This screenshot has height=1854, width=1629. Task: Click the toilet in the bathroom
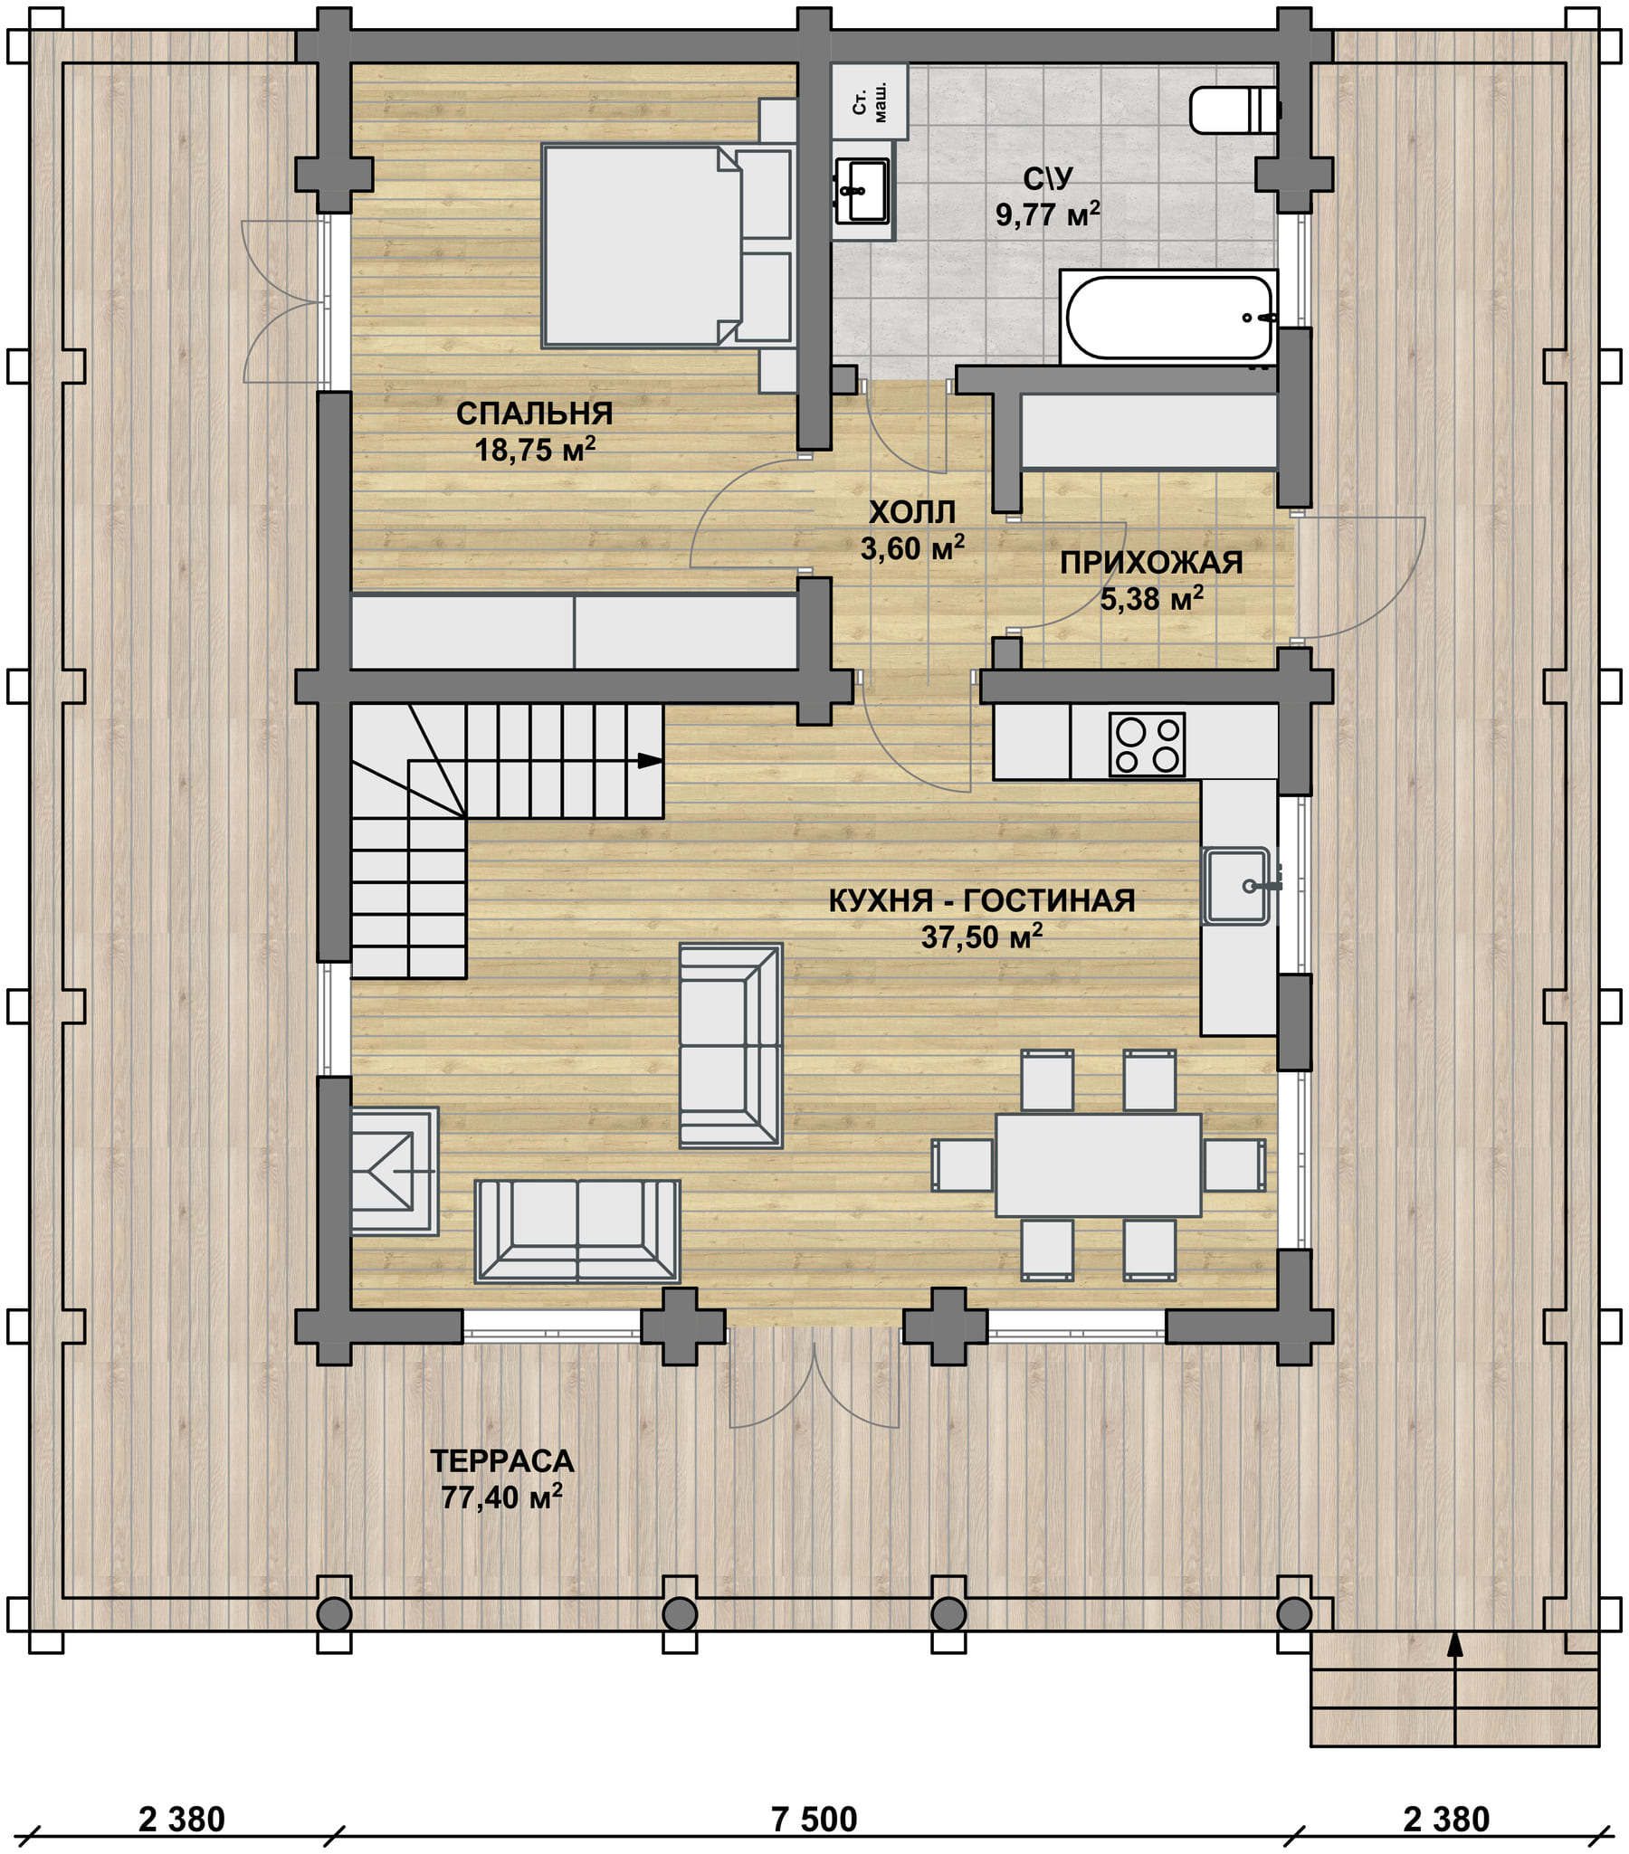(x=1234, y=109)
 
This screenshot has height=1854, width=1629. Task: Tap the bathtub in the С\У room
(x=1169, y=318)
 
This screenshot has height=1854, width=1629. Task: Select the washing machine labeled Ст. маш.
(x=870, y=100)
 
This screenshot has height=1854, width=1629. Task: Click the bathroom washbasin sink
(x=862, y=191)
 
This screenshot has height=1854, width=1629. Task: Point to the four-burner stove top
(x=1147, y=745)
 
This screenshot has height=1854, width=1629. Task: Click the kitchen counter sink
(x=1236, y=885)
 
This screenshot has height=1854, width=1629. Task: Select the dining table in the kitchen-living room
(x=1098, y=1165)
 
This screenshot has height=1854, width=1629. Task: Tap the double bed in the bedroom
(x=667, y=246)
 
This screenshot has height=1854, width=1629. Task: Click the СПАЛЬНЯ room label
(x=534, y=414)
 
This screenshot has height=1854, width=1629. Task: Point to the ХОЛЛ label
(x=912, y=513)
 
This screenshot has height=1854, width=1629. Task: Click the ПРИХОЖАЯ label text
(x=1151, y=563)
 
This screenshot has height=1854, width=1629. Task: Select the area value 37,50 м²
(x=981, y=937)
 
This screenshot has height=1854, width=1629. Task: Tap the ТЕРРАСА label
(x=501, y=1460)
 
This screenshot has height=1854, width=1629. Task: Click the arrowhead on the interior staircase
(x=651, y=760)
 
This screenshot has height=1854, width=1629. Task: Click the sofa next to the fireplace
(x=576, y=1231)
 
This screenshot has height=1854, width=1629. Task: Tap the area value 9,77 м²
(x=1048, y=215)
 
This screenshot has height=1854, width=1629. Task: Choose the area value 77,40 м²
(x=501, y=1497)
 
